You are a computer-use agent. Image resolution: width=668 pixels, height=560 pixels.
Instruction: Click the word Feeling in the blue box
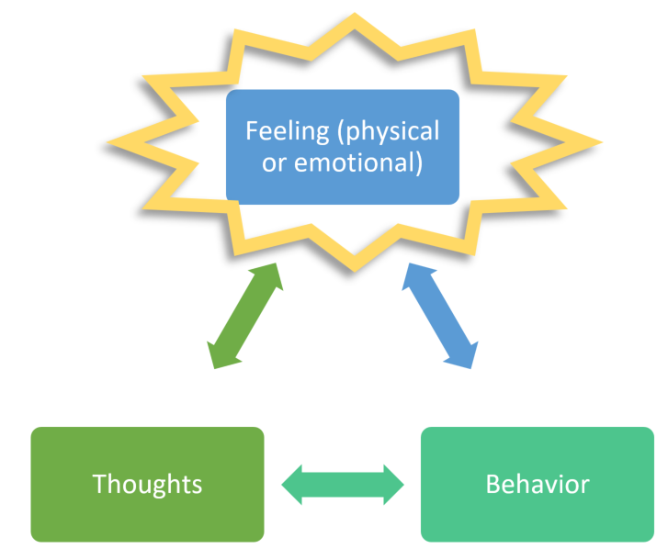pos(287,132)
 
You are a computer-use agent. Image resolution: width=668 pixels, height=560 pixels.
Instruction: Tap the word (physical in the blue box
pos(388,132)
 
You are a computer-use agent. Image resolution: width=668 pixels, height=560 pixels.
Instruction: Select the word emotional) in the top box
pos(357,163)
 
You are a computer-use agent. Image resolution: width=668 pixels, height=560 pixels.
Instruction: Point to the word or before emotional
pos(274,163)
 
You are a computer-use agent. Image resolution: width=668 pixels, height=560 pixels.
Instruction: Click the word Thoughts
pos(147,484)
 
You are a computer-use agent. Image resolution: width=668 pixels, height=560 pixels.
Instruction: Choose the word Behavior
pos(538,484)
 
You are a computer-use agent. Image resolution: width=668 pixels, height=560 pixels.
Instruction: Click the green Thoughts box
pos(147,484)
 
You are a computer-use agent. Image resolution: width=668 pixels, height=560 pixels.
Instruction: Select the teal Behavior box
pos(538,484)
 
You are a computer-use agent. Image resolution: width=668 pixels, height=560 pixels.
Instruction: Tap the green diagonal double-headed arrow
pos(245,316)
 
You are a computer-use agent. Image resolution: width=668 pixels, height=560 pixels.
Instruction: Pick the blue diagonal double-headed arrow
pos(440,316)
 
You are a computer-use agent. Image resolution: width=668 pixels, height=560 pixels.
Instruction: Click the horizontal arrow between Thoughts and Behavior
pos(343,485)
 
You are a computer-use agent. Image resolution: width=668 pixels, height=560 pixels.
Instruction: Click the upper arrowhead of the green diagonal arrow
pos(269,274)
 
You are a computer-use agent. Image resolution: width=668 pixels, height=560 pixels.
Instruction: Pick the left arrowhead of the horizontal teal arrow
pos(292,485)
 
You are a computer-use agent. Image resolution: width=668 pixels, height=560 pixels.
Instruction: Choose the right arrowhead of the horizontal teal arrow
pos(393,485)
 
